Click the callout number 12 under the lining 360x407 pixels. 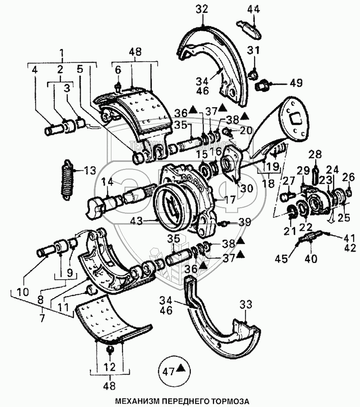point(109,367)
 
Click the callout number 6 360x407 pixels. point(118,70)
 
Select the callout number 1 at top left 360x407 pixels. point(62,53)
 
